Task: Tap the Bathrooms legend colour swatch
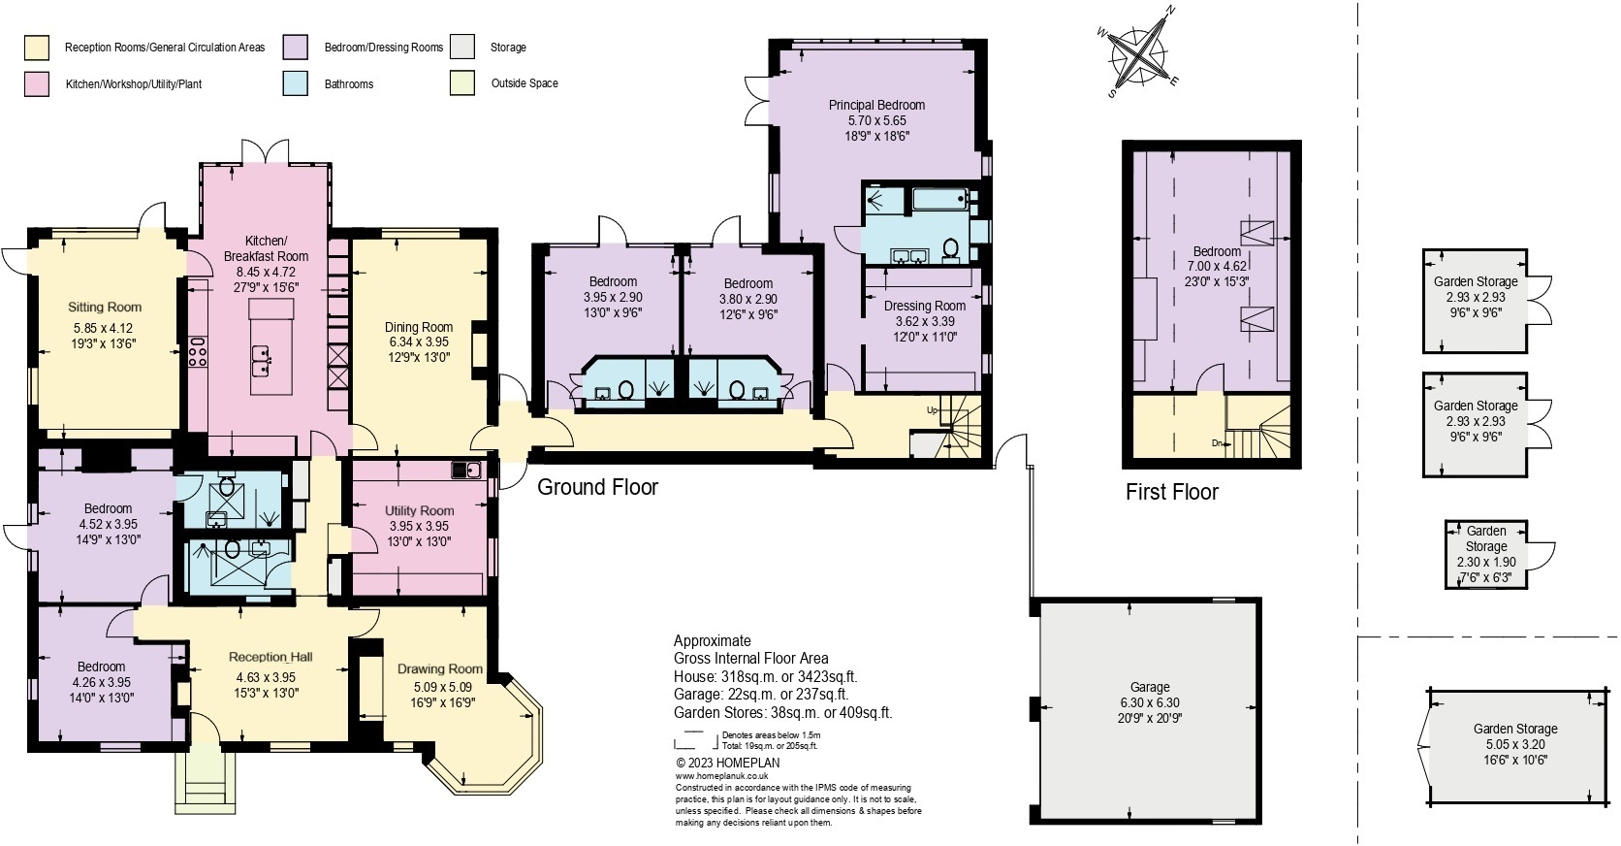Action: (296, 84)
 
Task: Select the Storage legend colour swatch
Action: (462, 47)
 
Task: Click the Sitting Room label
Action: (105, 307)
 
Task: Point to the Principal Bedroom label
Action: (876, 105)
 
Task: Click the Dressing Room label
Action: (924, 306)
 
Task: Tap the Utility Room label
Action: (419, 510)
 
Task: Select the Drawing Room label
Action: (439, 668)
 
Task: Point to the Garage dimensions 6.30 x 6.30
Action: (1149, 703)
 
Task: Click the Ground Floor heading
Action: (597, 487)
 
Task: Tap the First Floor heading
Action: (1171, 492)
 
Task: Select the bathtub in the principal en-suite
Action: (940, 202)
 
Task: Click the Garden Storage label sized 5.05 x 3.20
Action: (1514, 729)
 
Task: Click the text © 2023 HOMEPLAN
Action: (727, 763)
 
